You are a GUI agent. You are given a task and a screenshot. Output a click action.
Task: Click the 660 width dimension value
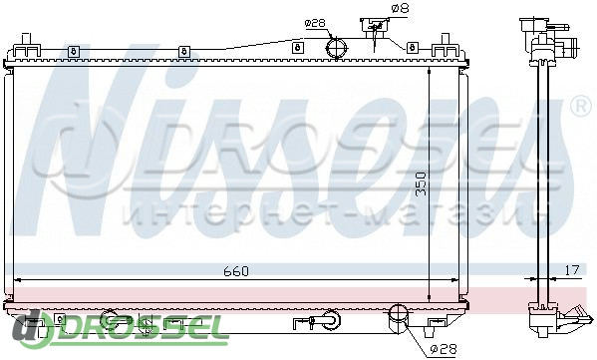tap(236, 271)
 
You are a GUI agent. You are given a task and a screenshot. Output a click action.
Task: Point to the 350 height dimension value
tap(421, 184)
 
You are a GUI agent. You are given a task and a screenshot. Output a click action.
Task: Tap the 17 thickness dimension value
tap(571, 270)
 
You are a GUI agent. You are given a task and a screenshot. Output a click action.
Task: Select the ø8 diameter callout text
tap(400, 8)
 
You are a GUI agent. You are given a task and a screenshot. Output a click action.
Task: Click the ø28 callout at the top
tap(315, 23)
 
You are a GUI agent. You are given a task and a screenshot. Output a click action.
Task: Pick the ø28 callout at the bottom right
tap(443, 348)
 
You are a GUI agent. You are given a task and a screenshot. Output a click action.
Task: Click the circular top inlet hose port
tap(337, 48)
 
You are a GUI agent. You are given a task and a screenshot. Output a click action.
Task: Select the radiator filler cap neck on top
tap(375, 28)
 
